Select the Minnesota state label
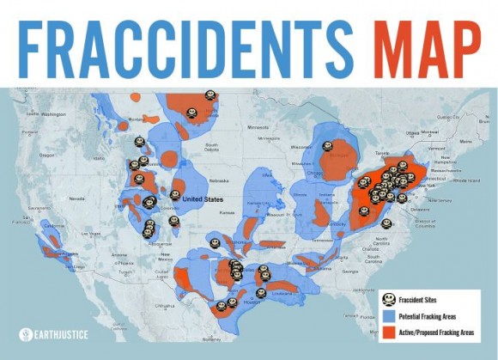[258, 127]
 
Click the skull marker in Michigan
[327, 146]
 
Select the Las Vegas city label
[91, 233]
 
